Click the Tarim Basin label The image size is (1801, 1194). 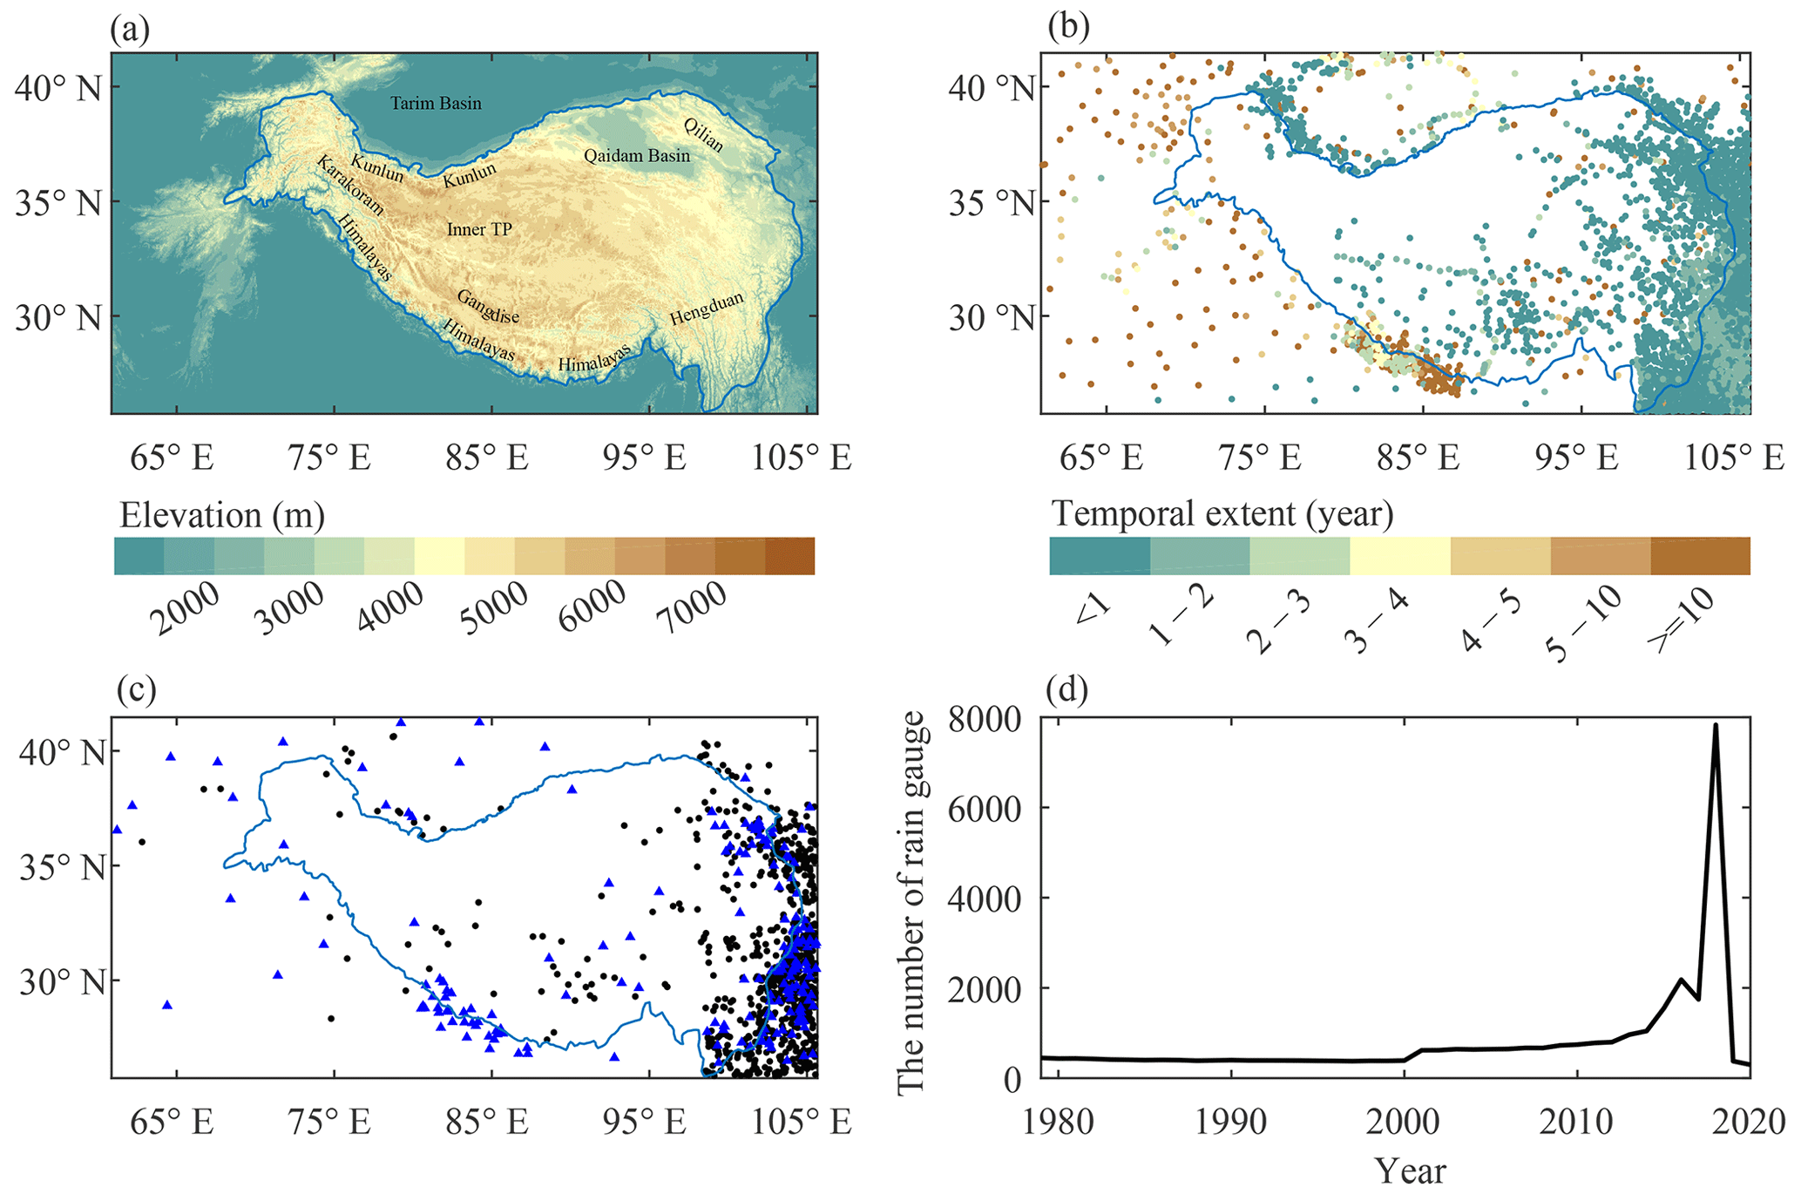436,104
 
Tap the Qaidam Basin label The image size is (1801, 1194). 637,156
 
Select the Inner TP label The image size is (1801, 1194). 479,229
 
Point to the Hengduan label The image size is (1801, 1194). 707,309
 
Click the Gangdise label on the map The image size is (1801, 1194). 488,306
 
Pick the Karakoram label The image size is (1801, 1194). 350,186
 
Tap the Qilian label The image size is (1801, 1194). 703,135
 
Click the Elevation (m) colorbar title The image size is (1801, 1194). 222,515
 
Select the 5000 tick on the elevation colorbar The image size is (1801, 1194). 494,607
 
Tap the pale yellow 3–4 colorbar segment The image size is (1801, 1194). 1399,556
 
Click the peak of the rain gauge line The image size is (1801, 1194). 1715,724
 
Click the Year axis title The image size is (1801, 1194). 1410,1170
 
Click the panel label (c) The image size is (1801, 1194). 136,689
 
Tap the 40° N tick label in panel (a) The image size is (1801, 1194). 58,88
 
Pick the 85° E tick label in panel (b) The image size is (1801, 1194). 1418,457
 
